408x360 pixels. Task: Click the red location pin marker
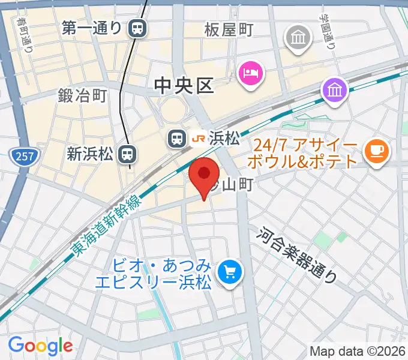(x=204, y=175)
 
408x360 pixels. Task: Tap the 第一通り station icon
(x=139, y=27)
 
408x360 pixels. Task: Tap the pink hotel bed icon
(x=250, y=74)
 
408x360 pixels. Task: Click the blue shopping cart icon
(x=229, y=273)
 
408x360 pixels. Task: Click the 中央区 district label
(x=184, y=86)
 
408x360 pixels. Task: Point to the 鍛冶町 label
(x=82, y=95)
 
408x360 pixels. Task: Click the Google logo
(x=40, y=346)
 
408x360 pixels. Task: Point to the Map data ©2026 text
(x=358, y=350)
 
